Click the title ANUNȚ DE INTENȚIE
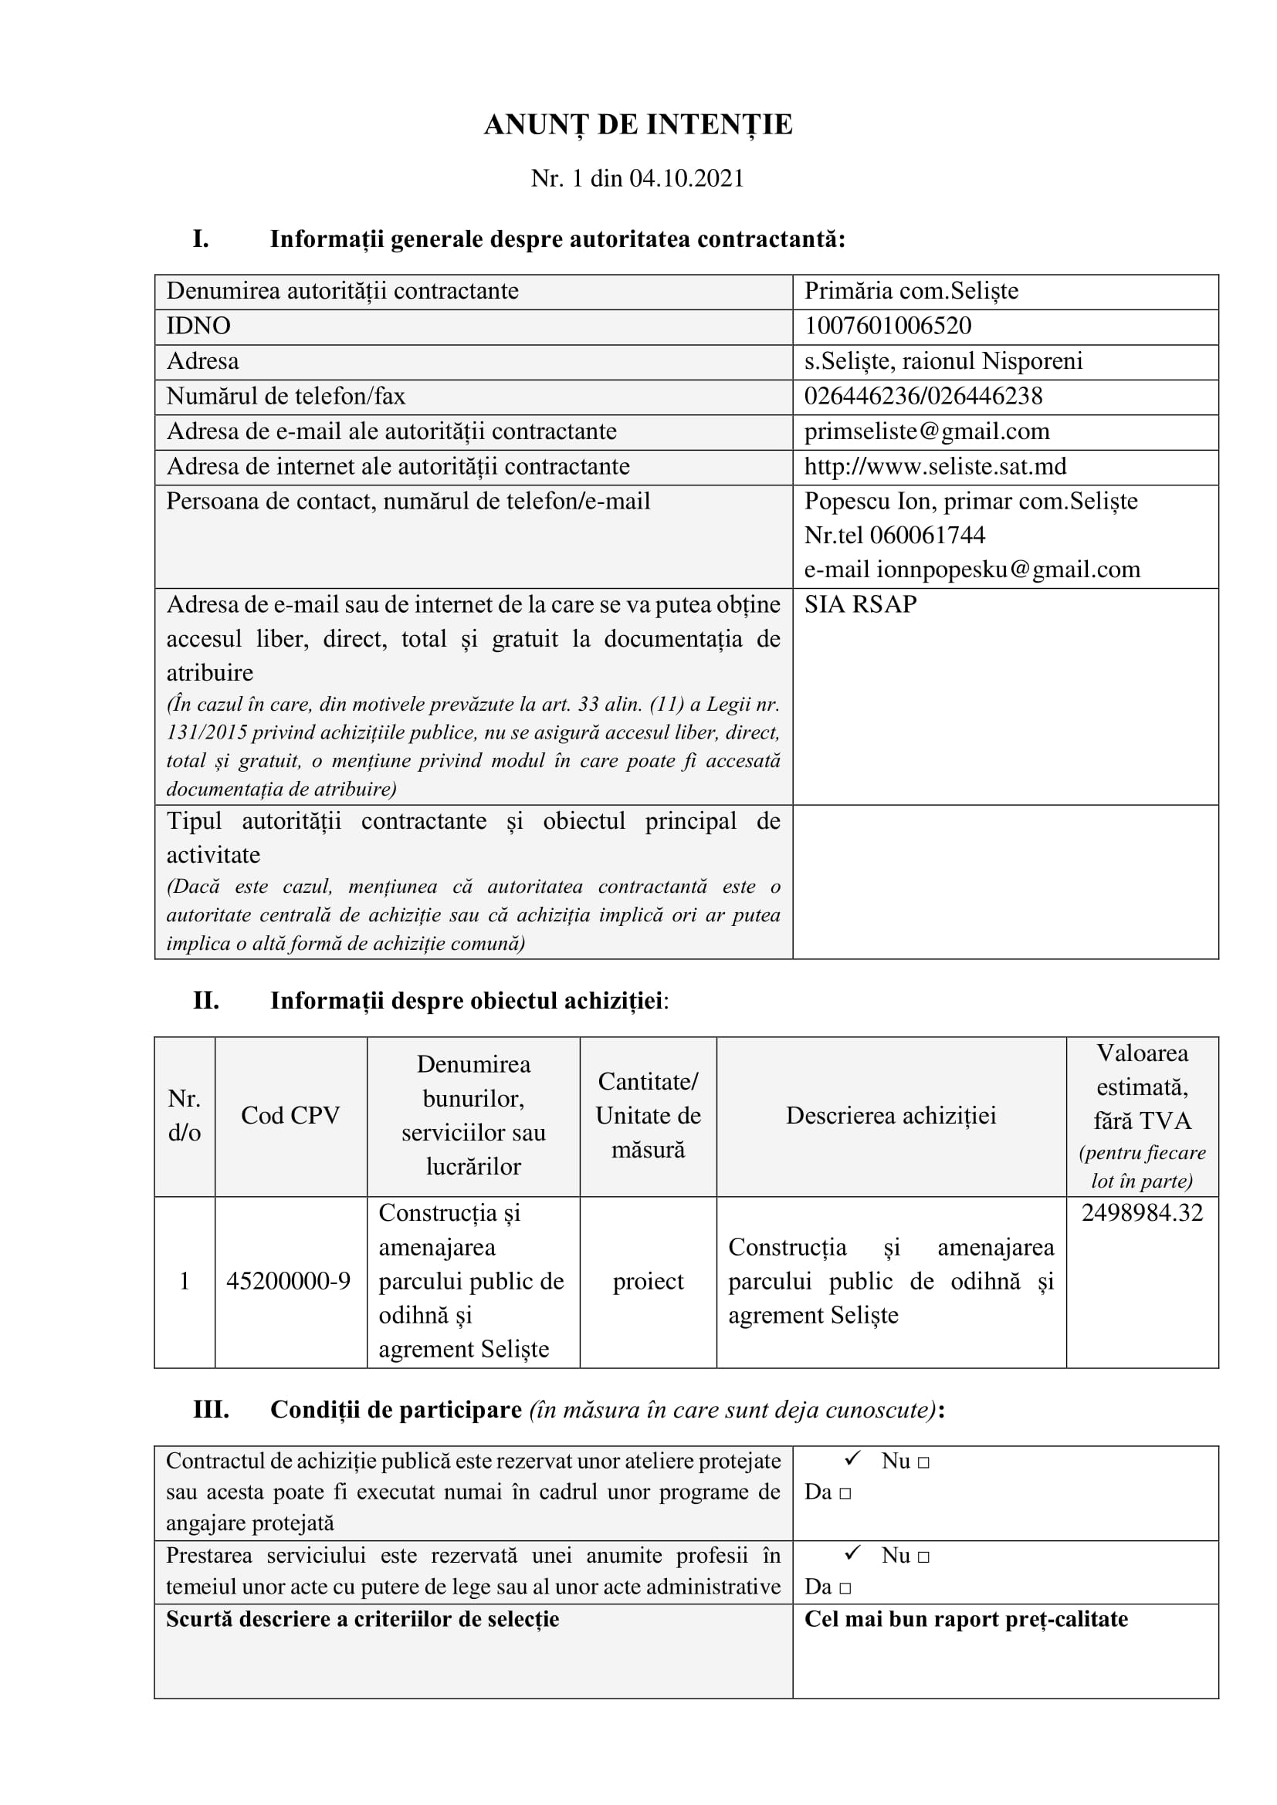(x=638, y=125)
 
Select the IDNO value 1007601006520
(x=887, y=326)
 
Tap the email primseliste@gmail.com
(x=926, y=431)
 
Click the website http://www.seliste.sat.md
(x=935, y=466)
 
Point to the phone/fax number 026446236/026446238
(x=923, y=395)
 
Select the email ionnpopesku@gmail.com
(x=1008, y=570)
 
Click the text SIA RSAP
(x=860, y=603)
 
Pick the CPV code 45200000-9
(x=289, y=1282)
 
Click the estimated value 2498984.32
(x=1142, y=1212)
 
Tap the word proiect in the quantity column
(x=648, y=1282)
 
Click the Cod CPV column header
(x=290, y=1116)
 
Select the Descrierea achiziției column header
(x=891, y=1116)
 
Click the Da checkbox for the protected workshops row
(x=845, y=1493)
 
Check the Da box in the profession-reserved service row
(x=845, y=1587)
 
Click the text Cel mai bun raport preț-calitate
(x=966, y=1620)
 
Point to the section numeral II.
(x=206, y=1001)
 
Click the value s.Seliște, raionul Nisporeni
(x=943, y=361)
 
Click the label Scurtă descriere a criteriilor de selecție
(x=363, y=1620)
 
